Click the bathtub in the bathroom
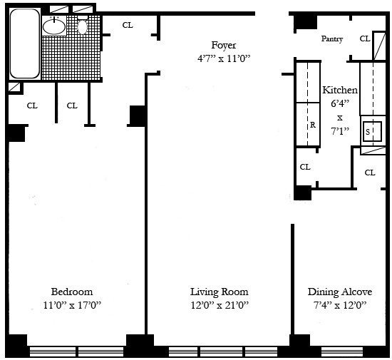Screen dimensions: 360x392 (24, 44)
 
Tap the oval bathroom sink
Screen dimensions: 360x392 (53, 27)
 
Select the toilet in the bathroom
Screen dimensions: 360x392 (83, 26)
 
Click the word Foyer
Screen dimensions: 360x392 (224, 45)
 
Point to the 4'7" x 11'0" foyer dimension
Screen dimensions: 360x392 (224, 58)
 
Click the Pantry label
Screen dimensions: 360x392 (333, 38)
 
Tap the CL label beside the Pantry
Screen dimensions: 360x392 (364, 38)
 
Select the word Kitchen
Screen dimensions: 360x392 (340, 91)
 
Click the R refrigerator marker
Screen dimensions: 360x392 (312, 124)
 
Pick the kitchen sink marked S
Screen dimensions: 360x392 (368, 132)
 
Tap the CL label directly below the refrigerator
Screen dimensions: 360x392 (305, 167)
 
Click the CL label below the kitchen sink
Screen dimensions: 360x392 (370, 173)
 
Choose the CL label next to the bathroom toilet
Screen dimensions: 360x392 (128, 25)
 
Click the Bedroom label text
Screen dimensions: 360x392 (71, 292)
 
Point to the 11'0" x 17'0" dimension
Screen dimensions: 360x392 (71, 306)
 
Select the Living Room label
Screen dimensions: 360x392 (219, 292)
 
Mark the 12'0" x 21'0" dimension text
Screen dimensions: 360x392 (219, 306)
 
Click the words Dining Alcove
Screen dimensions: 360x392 (339, 292)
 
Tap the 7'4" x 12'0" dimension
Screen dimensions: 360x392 (339, 306)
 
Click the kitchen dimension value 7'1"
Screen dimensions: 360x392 (340, 132)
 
